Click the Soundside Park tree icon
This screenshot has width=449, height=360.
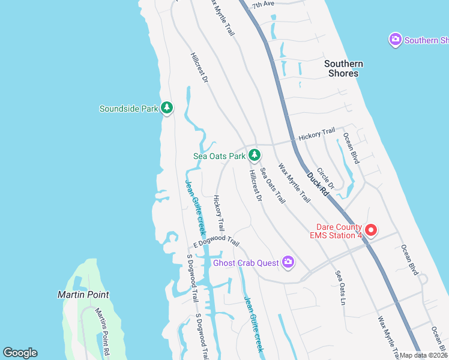[167, 108]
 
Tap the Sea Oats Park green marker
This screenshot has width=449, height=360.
[255, 155]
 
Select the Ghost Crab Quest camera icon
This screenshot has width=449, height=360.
[289, 262]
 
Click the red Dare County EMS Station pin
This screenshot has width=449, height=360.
[371, 230]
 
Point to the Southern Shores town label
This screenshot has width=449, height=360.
[344, 68]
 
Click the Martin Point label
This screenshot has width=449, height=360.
[83, 295]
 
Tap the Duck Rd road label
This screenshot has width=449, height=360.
[317, 184]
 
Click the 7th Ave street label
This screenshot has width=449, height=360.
[262, 4]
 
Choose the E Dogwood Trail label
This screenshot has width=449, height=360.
[216, 245]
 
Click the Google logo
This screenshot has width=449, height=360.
[20, 353]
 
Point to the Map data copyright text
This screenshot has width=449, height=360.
[423, 355]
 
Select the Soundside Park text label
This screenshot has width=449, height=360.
[128, 109]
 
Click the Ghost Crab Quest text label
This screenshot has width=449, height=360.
[246, 263]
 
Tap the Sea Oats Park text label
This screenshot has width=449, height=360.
[219, 156]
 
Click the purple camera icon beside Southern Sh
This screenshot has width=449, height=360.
[395, 40]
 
